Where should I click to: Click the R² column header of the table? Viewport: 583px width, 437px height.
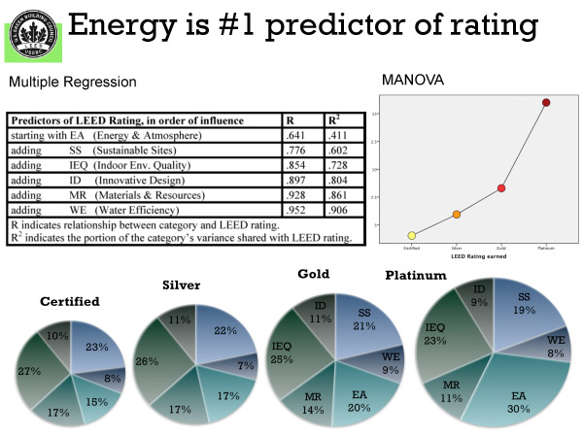336,120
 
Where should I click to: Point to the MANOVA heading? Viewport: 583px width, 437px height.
413,80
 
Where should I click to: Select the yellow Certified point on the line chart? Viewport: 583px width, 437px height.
412,235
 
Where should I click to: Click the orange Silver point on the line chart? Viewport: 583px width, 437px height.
456,214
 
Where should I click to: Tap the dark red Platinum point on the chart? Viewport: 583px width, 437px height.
546,102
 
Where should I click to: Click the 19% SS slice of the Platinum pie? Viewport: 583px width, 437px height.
524,310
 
